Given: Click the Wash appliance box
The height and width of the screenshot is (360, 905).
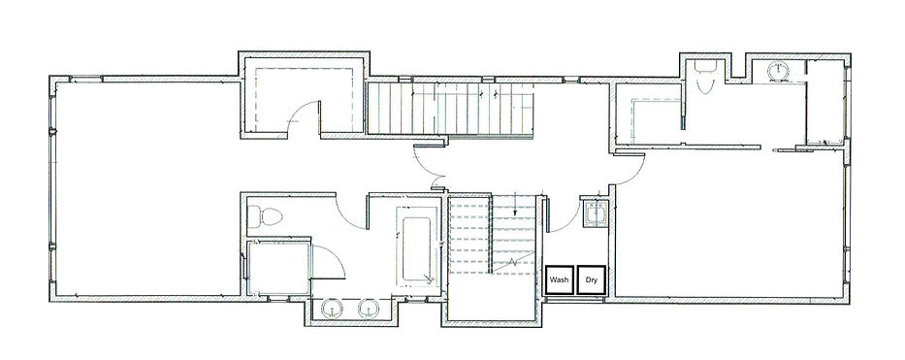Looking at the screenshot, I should click(x=560, y=279).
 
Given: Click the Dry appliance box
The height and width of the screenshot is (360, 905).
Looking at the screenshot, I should click(x=591, y=279).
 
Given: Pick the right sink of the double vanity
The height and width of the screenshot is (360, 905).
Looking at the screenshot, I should click(x=369, y=310).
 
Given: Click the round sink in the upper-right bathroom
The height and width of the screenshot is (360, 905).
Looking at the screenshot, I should click(x=779, y=71).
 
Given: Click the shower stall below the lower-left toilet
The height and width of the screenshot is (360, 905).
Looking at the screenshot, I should click(x=278, y=268).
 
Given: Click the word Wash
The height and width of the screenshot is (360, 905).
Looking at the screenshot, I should click(x=560, y=279).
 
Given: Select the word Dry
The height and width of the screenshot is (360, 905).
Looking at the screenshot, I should click(x=591, y=279).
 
